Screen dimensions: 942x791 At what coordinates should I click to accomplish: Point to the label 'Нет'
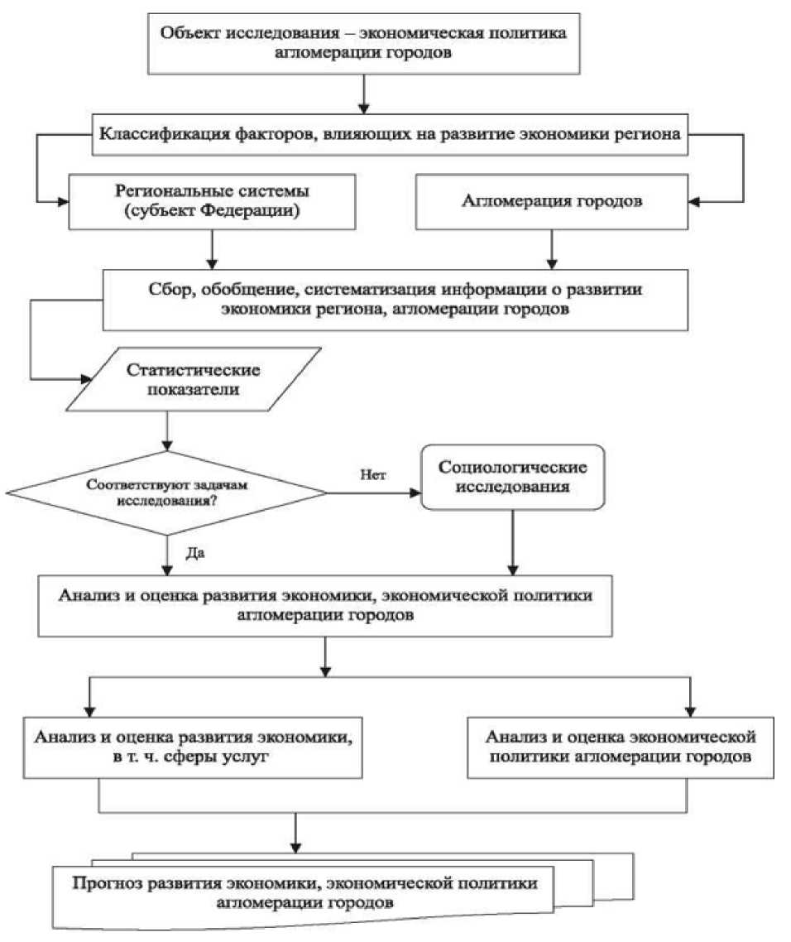pyautogui.click(x=372, y=474)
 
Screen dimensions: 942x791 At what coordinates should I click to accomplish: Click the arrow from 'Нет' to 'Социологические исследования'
pyautogui.click(x=376, y=493)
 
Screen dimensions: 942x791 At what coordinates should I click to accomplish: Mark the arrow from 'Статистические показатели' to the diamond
pyautogui.click(x=167, y=430)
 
